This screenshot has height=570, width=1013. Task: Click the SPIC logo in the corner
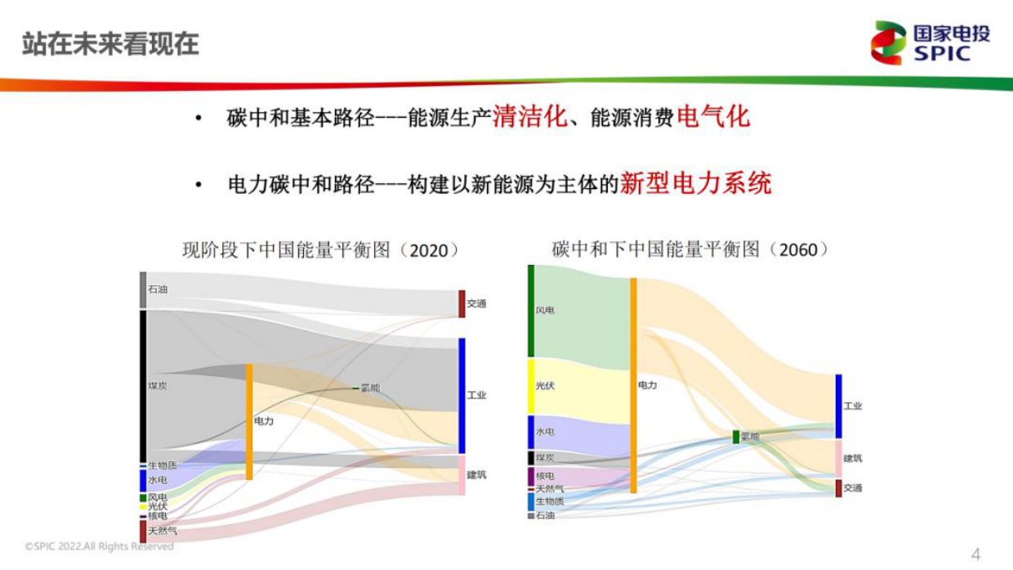[930, 43]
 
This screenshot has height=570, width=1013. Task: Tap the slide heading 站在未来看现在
[110, 43]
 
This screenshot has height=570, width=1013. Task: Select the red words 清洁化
[529, 117]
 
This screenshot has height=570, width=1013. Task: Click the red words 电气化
[712, 117]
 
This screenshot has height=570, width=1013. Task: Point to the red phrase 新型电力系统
[695, 183]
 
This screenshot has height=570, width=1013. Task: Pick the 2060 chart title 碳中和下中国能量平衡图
[690, 249]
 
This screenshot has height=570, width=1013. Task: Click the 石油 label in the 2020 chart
[158, 289]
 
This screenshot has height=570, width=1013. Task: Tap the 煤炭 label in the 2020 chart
[158, 386]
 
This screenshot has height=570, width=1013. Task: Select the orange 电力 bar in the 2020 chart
[249, 421]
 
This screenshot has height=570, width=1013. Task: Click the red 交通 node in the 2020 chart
[462, 303]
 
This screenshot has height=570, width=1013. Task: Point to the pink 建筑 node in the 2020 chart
[462, 475]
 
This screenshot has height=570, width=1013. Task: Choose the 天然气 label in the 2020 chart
[162, 531]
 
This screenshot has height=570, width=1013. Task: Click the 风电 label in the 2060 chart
[545, 311]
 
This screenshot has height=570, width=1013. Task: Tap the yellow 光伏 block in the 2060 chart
[531, 386]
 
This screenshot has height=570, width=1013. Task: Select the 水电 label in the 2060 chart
[545, 431]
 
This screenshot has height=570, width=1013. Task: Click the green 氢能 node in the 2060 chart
[736, 437]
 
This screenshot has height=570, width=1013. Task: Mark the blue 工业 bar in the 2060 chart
[838, 406]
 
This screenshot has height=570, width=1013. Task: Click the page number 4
[975, 554]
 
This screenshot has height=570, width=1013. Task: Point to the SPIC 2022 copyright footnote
[99, 545]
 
